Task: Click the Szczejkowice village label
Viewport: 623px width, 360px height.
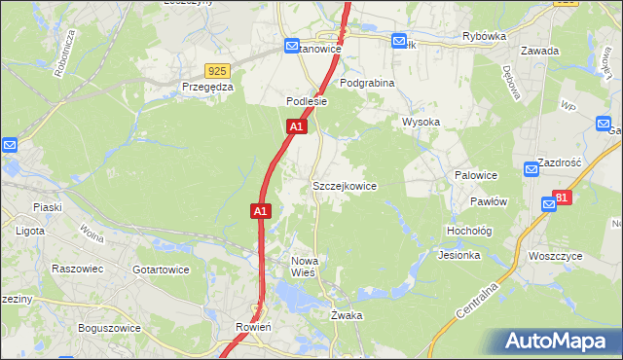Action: (x=344, y=186)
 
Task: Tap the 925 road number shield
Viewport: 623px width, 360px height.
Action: (x=217, y=70)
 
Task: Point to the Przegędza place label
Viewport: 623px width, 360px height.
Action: (x=207, y=86)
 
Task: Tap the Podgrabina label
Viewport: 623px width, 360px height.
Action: (x=367, y=84)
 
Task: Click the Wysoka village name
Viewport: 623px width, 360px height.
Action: (x=421, y=123)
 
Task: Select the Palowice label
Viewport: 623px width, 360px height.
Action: (x=476, y=175)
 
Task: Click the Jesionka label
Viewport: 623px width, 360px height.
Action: (x=459, y=256)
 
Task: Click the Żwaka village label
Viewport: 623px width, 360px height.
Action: (x=346, y=315)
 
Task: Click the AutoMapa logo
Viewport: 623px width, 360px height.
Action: (x=559, y=342)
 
